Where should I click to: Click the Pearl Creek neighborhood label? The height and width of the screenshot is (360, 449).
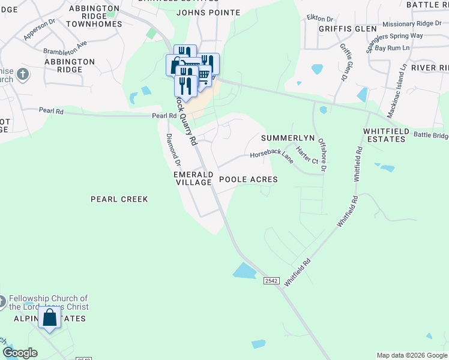pyautogui.click(x=119, y=199)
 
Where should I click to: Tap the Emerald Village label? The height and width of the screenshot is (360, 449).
pyautogui.click(x=193, y=178)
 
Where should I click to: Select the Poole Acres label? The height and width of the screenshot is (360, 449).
pyautogui.click(x=248, y=179)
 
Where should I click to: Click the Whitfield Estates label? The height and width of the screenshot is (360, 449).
pyautogui.click(x=385, y=135)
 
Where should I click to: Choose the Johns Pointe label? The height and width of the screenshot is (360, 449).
pyautogui.click(x=208, y=13)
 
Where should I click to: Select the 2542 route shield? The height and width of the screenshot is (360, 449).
pyautogui.click(x=271, y=281)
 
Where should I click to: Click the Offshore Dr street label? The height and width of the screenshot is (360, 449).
pyautogui.click(x=322, y=155)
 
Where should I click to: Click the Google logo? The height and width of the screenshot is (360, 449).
pyautogui.click(x=19, y=353)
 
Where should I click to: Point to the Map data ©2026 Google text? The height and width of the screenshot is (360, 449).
pyautogui.click(x=412, y=355)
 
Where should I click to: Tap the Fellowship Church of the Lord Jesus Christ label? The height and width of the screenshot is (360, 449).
pyautogui.click(x=49, y=302)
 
